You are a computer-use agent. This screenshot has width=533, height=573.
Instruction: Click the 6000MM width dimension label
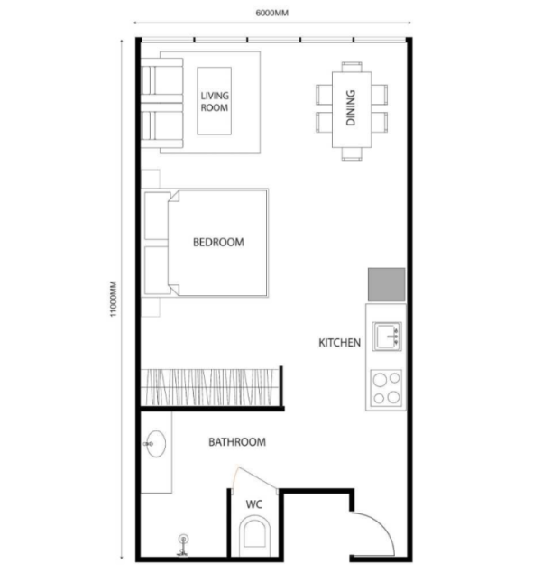271,14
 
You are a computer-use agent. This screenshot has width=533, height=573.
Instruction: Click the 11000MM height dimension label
114,299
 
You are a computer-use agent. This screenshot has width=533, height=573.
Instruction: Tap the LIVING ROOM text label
215,102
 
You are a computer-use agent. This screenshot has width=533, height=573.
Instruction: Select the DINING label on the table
350,107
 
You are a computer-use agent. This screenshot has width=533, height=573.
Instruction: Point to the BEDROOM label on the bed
218,242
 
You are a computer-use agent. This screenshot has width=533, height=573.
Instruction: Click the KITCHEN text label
339,343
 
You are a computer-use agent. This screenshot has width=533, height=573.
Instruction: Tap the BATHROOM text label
237,442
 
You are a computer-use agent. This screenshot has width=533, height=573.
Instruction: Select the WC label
254,504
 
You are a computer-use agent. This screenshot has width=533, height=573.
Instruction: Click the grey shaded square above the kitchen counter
387,284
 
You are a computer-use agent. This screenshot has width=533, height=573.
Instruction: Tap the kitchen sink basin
387,337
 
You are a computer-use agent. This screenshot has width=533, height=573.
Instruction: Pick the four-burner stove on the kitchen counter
386,388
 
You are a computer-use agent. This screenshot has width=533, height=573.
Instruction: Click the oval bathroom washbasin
156,444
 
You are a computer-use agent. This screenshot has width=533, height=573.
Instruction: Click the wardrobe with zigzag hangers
209,387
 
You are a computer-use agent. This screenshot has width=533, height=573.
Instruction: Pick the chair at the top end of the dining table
352,67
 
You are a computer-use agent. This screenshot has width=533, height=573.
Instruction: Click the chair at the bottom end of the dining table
352,153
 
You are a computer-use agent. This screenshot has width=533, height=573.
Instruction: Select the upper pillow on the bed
157,216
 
